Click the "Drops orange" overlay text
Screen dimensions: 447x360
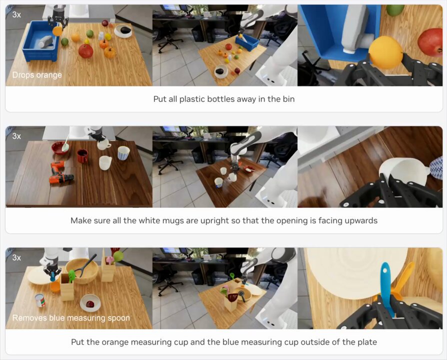(x=37, y=75)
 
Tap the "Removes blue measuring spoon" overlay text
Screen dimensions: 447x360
(x=71, y=318)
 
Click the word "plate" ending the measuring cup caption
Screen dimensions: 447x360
(x=367, y=342)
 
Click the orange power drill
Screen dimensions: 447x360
(x=60, y=172)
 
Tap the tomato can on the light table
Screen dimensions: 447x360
(x=40, y=300)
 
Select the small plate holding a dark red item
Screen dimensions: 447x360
(x=90, y=303)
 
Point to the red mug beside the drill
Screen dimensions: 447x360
(x=82, y=156)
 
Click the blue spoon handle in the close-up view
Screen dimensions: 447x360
(x=386, y=288)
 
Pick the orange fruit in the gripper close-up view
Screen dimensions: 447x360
(x=385, y=52)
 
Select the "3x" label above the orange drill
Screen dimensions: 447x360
(x=16, y=136)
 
